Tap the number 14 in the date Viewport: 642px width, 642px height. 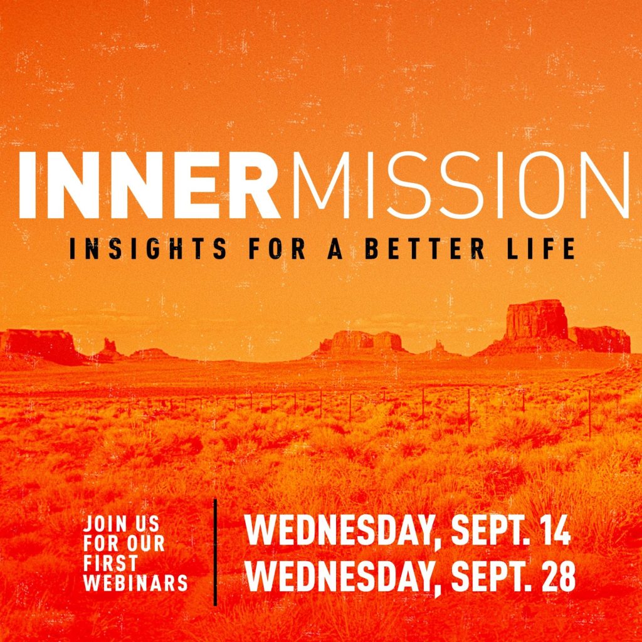coord(554,531)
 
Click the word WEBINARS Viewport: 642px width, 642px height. coord(136,582)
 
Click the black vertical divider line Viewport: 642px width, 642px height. coord(215,552)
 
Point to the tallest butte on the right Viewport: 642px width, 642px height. coord(536,321)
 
